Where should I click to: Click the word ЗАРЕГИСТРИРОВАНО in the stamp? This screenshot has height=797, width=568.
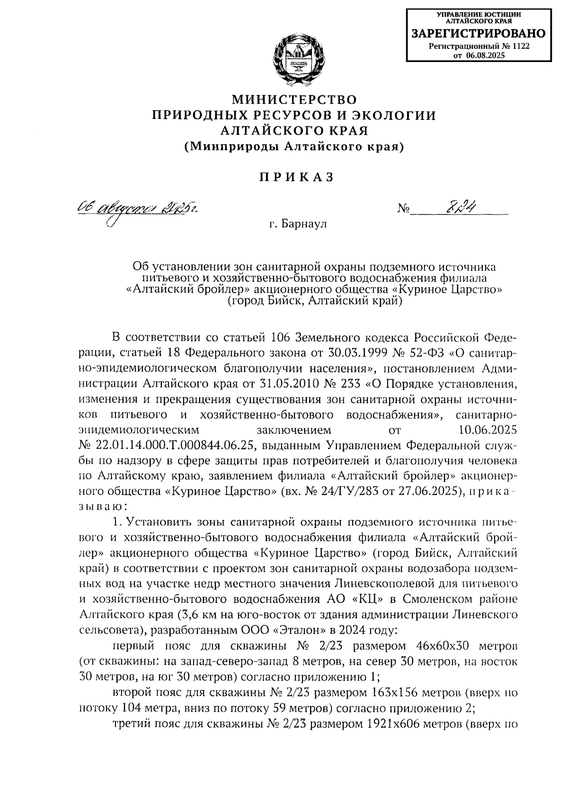click(478, 34)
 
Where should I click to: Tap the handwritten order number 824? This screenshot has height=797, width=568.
click(461, 207)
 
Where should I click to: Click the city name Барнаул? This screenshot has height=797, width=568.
click(303, 223)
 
